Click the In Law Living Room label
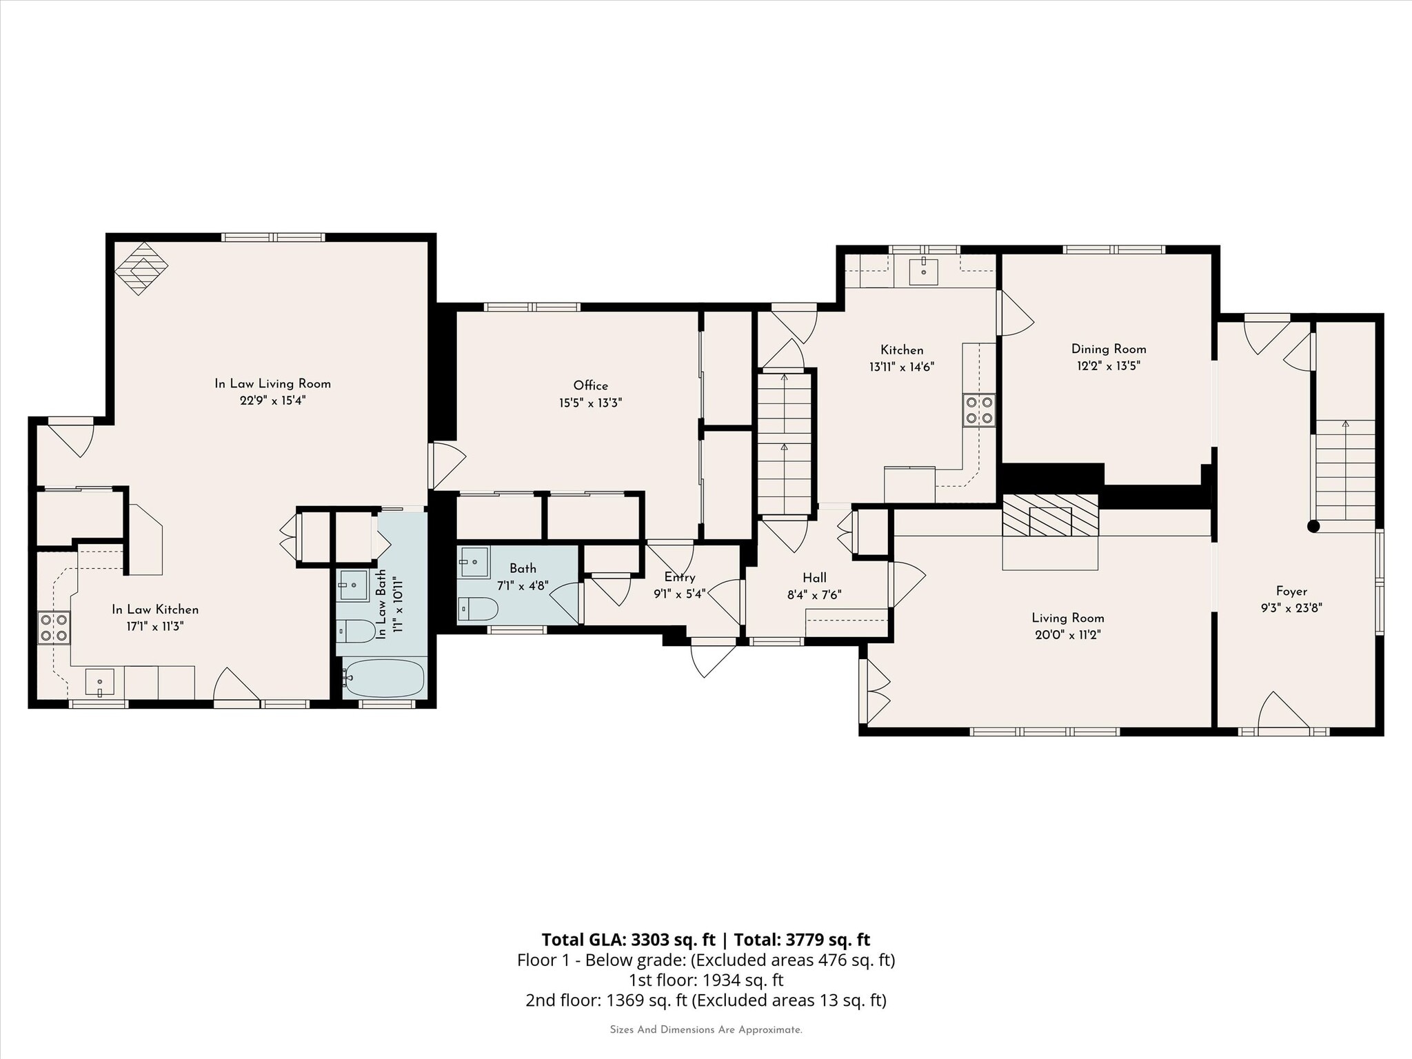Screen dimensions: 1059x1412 (x=272, y=384)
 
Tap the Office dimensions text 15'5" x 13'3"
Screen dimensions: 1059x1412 (x=590, y=403)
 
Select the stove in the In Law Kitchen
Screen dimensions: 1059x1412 (x=54, y=627)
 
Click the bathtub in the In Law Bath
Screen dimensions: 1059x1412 (x=384, y=678)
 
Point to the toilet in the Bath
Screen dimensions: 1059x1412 (x=478, y=609)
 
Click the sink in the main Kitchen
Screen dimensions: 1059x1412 (x=923, y=271)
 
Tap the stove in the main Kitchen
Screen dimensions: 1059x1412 (x=979, y=410)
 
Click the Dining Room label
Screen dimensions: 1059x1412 (x=1109, y=349)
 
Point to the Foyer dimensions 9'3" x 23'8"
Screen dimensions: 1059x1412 (x=1291, y=608)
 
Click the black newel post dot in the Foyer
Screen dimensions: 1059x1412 (x=1313, y=526)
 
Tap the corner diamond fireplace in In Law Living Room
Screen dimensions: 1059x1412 (x=141, y=268)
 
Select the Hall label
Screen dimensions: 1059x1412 (x=814, y=578)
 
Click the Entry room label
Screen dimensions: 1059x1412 (x=679, y=577)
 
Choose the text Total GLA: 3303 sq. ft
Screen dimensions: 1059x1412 (x=628, y=940)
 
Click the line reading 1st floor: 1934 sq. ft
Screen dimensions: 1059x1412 (x=706, y=980)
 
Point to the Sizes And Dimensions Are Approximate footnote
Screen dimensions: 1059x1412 (x=706, y=1030)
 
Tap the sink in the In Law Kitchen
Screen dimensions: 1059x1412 (x=100, y=682)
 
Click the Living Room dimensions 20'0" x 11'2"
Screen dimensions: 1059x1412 (x=1067, y=635)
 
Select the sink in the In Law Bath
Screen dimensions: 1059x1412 (x=354, y=585)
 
